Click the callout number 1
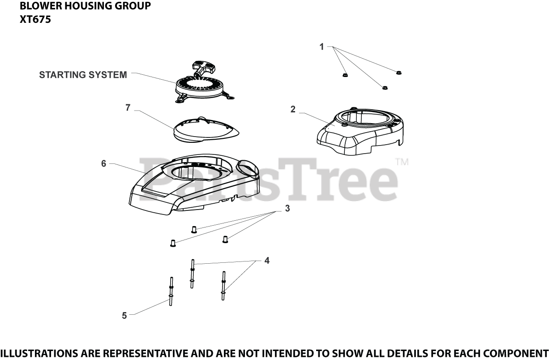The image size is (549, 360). click(322, 47)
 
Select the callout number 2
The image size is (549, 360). click(293, 109)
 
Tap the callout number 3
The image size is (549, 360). click(287, 208)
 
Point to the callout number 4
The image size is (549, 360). click(267, 260)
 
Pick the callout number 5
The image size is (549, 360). click(124, 316)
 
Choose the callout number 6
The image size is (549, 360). click(103, 163)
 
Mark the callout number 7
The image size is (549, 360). click(128, 108)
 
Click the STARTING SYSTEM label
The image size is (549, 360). click(83, 75)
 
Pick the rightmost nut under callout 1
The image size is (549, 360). click(399, 72)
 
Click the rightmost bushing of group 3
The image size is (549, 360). click(225, 240)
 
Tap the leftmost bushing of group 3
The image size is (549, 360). click(172, 243)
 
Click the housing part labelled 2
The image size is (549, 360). click(360, 130)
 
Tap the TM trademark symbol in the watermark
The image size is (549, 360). click(401, 163)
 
